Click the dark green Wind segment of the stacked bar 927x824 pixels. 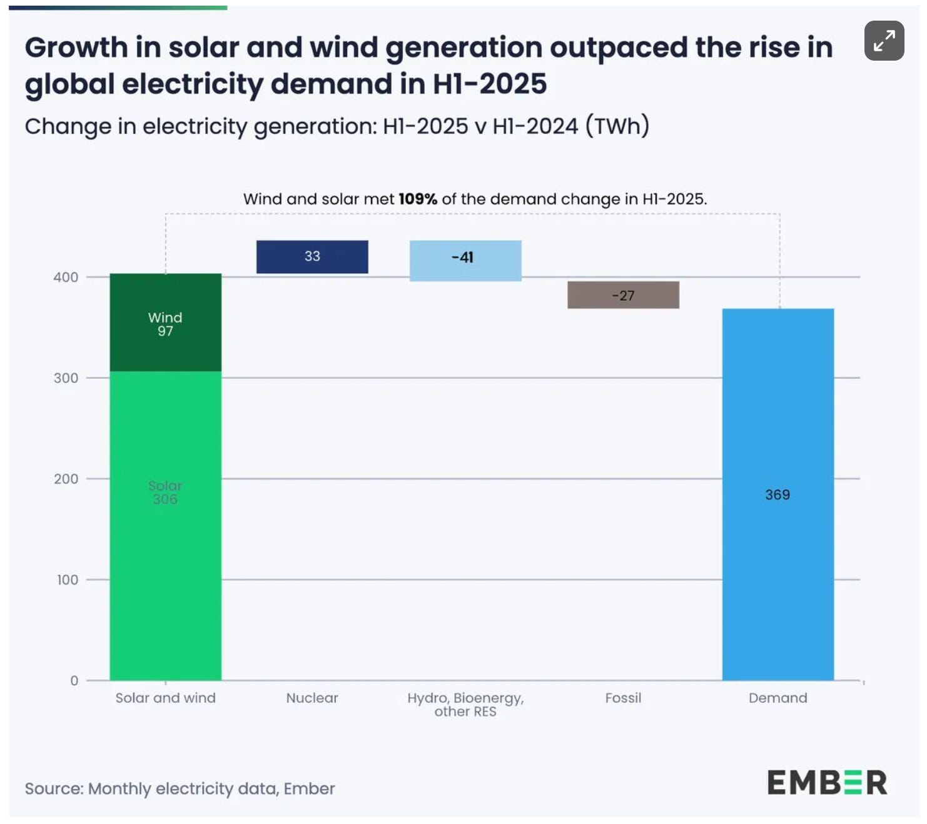click(165, 322)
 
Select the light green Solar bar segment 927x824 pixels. click(165, 525)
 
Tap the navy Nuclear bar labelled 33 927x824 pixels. click(312, 256)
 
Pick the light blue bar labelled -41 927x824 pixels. click(465, 261)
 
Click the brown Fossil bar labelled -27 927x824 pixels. click(623, 295)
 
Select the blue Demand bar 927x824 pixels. click(778, 495)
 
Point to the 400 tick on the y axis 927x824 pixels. click(66, 277)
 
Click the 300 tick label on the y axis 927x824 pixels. click(66, 378)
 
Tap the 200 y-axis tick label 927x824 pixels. click(66, 479)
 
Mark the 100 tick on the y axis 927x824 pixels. click(68, 580)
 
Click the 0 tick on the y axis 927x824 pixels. click(74, 680)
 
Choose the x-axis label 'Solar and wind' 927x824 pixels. click(165, 698)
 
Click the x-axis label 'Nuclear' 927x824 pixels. click(312, 698)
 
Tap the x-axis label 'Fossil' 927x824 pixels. click(623, 698)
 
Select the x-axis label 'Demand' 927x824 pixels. click(778, 698)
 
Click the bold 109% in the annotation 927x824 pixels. click(418, 199)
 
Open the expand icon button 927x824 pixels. click(884, 40)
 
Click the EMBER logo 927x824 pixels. click(828, 782)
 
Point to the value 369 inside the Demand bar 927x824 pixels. click(778, 495)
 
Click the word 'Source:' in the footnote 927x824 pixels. click(54, 789)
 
